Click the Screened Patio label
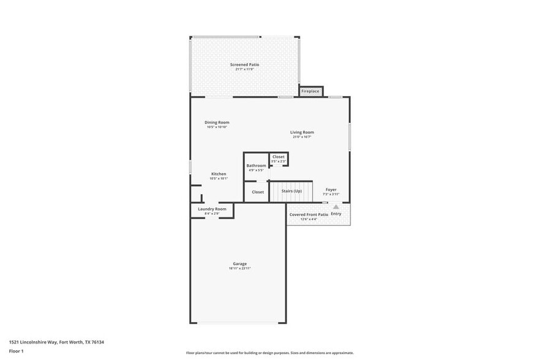(x=244, y=64)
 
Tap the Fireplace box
(x=310, y=91)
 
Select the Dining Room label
(x=217, y=122)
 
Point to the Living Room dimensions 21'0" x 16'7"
(x=302, y=137)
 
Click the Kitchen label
(x=219, y=174)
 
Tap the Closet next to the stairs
(x=258, y=192)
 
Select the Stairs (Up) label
(x=291, y=191)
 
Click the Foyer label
(x=331, y=190)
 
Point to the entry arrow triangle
(x=336, y=207)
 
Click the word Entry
(x=336, y=214)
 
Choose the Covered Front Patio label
(x=309, y=215)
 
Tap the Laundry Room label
(x=212, y=209)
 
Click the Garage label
(x=239, y=264)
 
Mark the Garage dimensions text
(x=239, y=269)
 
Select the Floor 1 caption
(x=16, y=351)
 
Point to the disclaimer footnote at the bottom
(x=269, y=353)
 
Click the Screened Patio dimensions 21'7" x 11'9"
(x=244, y=69)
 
